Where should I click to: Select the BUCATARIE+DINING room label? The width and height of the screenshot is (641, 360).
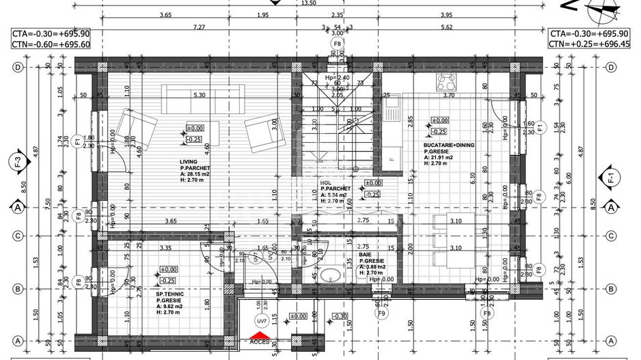point(448,145)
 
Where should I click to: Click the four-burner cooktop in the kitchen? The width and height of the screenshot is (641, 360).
point(447,83)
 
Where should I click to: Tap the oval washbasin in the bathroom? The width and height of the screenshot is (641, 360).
point(331,277)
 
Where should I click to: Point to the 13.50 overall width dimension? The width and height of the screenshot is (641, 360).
point(308,3)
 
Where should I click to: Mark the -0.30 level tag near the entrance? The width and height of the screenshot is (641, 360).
point(340,317)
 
